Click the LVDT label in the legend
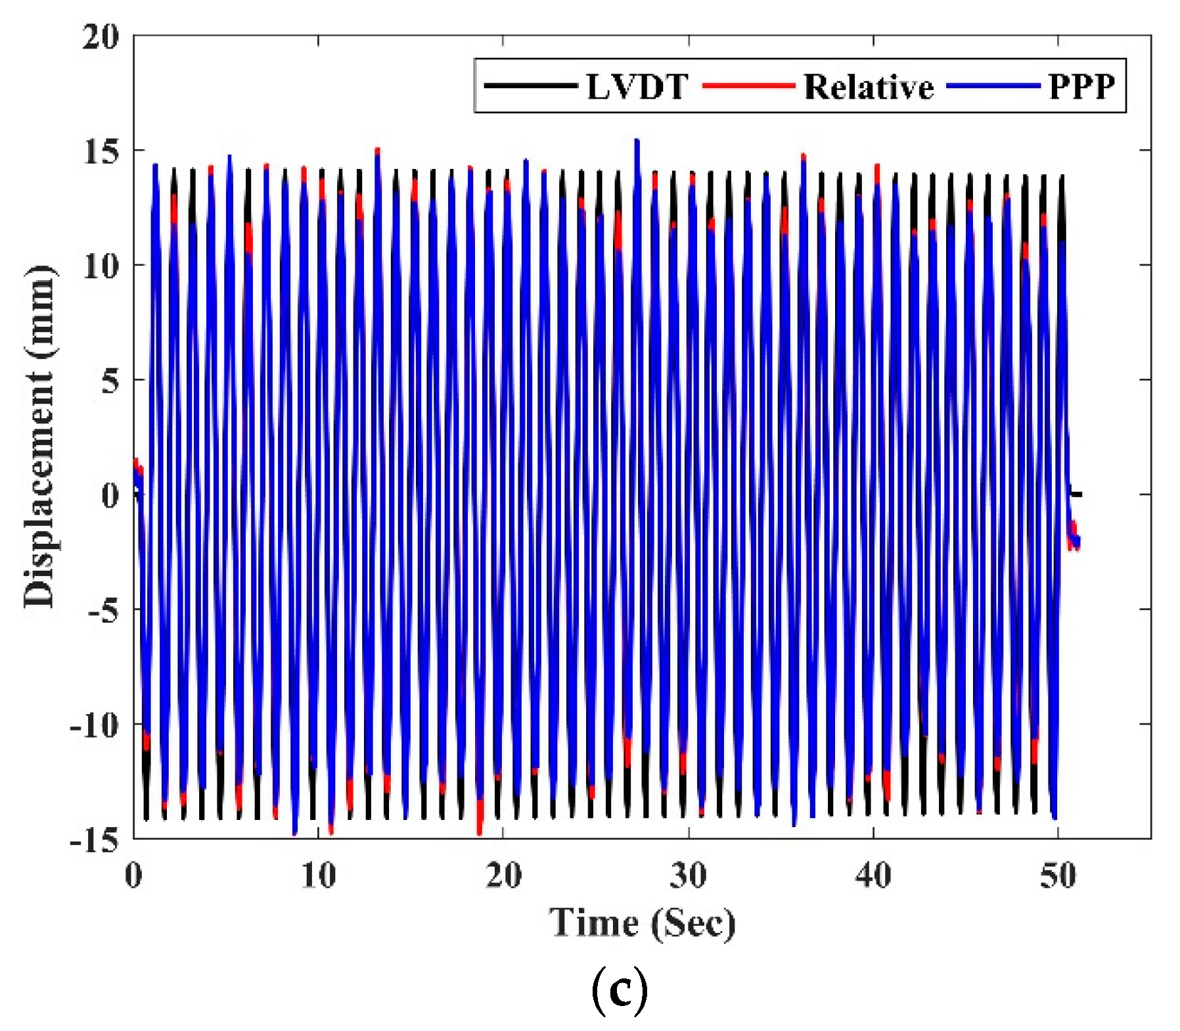[637, 86]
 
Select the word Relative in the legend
[869, 86]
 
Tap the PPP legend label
[1081, 86]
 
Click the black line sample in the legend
[530, 85]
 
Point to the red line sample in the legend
[749, 85]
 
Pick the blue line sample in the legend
[993, 85]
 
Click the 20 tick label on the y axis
[101, 37]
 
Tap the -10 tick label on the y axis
[95, 725]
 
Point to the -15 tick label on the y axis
[95, 840]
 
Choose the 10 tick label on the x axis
[319, 876]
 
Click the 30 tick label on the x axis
[689, 876]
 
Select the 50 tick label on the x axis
[1058, 876]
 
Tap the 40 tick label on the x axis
[873, 876]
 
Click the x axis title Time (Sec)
[642, 923]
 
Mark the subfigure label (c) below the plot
[619, 992]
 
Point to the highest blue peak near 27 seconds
[637, 141]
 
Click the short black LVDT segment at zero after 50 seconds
[1076, 494]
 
